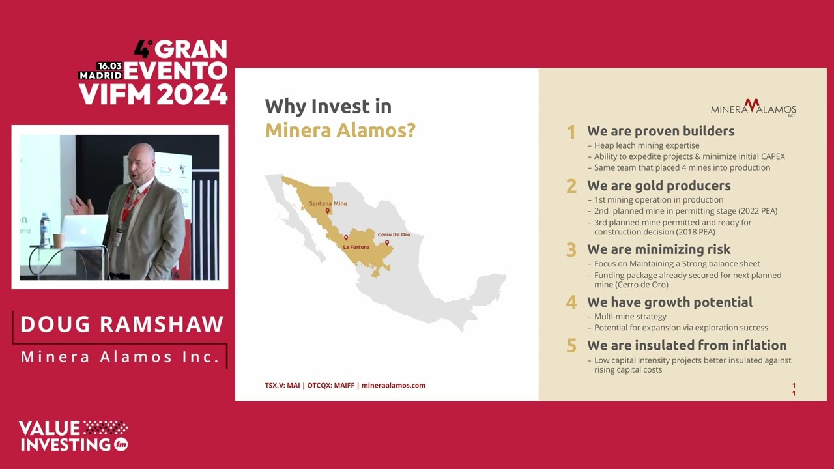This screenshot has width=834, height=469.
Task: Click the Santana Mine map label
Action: click(x=328, y=203)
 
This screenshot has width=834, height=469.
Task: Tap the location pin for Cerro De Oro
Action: click(x=387, y=243)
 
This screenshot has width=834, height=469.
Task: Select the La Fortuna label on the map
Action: click(x=356, y=247)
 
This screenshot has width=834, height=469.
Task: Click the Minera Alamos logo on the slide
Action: click(x=753, y=108)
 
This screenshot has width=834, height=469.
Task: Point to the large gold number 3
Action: click(x=571, y=249)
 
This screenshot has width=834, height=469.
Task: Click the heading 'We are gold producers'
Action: click(x=659, y=186)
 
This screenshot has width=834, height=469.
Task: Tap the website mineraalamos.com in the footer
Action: click(x=393, y=385)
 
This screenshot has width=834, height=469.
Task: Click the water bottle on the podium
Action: click(x=45, y=230)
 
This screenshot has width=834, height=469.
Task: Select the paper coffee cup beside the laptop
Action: click(x=59, y=240)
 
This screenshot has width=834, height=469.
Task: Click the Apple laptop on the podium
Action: click(x=84, y=231)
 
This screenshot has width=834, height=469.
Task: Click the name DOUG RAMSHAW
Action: click(x=122, y=324)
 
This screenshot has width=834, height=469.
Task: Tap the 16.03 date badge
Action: click(x=110, y=66)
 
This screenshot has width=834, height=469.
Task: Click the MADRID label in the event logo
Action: click(x=100, y=75)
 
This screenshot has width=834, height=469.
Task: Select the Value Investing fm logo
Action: click(x=74, y=436)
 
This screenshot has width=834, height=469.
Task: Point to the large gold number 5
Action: click(x=571, y=346)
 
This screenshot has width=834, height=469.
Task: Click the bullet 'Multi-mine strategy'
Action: click(x=630, y=317)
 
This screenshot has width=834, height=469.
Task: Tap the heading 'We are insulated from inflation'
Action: click(x=687, y=345)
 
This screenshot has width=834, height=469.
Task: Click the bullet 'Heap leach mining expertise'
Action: click(x=647, y=145)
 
